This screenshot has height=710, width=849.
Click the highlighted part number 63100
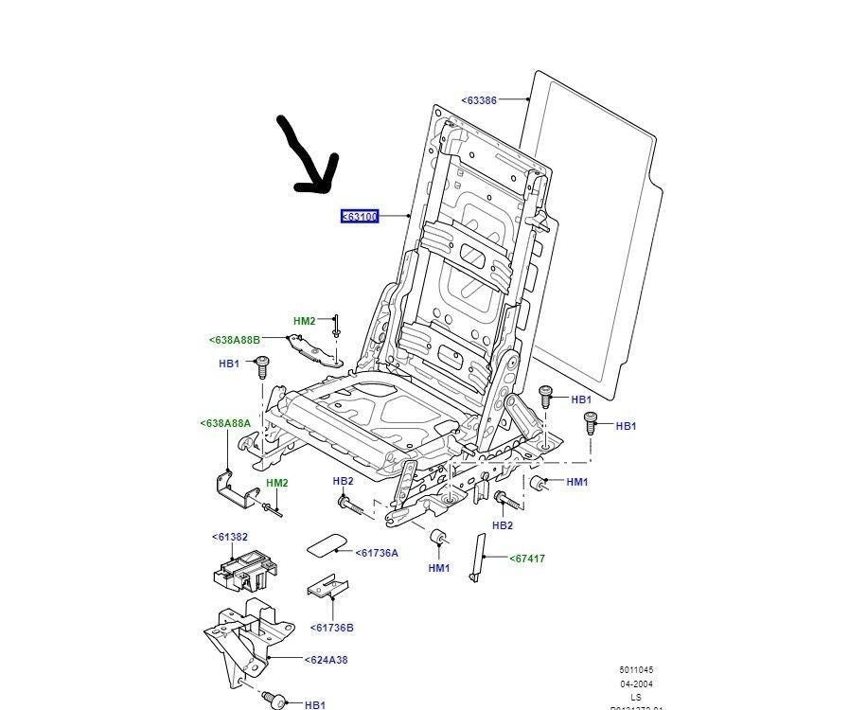click(360, 217)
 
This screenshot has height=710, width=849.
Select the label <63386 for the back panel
click(479, 99)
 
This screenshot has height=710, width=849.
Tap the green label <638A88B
click(234, 340)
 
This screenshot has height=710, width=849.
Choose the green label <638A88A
click(225, 423)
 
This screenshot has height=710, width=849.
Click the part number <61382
click(229, 537)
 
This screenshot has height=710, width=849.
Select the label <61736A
click(377, 553)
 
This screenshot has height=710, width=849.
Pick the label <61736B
click(331, 627)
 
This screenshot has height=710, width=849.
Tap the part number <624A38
click(326, 660)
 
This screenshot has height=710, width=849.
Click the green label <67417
click(527, 559)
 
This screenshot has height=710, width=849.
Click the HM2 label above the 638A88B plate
click(304, 321)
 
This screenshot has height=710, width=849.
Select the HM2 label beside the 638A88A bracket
click(276, 483)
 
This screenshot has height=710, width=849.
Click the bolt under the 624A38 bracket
click(273, 700)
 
